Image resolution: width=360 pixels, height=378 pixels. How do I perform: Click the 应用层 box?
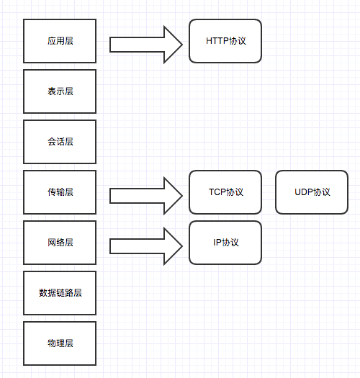[x=60, y=41]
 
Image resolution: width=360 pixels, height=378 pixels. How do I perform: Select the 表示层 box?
[x=60, y=91]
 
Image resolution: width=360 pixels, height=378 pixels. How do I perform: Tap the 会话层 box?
[x=60, y=142]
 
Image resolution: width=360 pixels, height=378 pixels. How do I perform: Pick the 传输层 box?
[x=60, y=192]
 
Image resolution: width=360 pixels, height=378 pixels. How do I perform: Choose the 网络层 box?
[x=60, y=243]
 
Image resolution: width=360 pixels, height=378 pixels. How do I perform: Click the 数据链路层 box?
[x=60, y=293]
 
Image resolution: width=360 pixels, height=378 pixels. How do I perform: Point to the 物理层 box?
[x=60, y=343]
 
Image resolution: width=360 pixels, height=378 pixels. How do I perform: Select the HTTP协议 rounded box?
[x=225, y=41]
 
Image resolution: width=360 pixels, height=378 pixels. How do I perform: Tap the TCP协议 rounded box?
[x=225, y=192]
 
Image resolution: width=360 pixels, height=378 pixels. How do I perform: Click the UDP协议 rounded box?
[x=312, y=192]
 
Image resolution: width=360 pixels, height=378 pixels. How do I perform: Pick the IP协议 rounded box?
[x=225, y=243]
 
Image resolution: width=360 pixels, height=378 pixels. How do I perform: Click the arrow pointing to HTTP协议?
[x=146, y=45]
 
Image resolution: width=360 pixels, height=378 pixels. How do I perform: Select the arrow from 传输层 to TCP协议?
[x=146, y=196]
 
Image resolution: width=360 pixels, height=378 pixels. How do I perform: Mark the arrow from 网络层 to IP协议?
[x=146, y=246]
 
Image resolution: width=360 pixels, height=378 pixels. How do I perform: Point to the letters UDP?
[x=304, y=192]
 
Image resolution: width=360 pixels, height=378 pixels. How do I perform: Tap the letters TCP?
[x=217, y=192]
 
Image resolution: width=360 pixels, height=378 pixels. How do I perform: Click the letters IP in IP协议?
[x=217, y=243]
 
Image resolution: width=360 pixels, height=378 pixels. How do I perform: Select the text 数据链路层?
[x=60, y=293]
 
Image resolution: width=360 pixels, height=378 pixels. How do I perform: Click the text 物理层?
[x=60, y=343]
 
